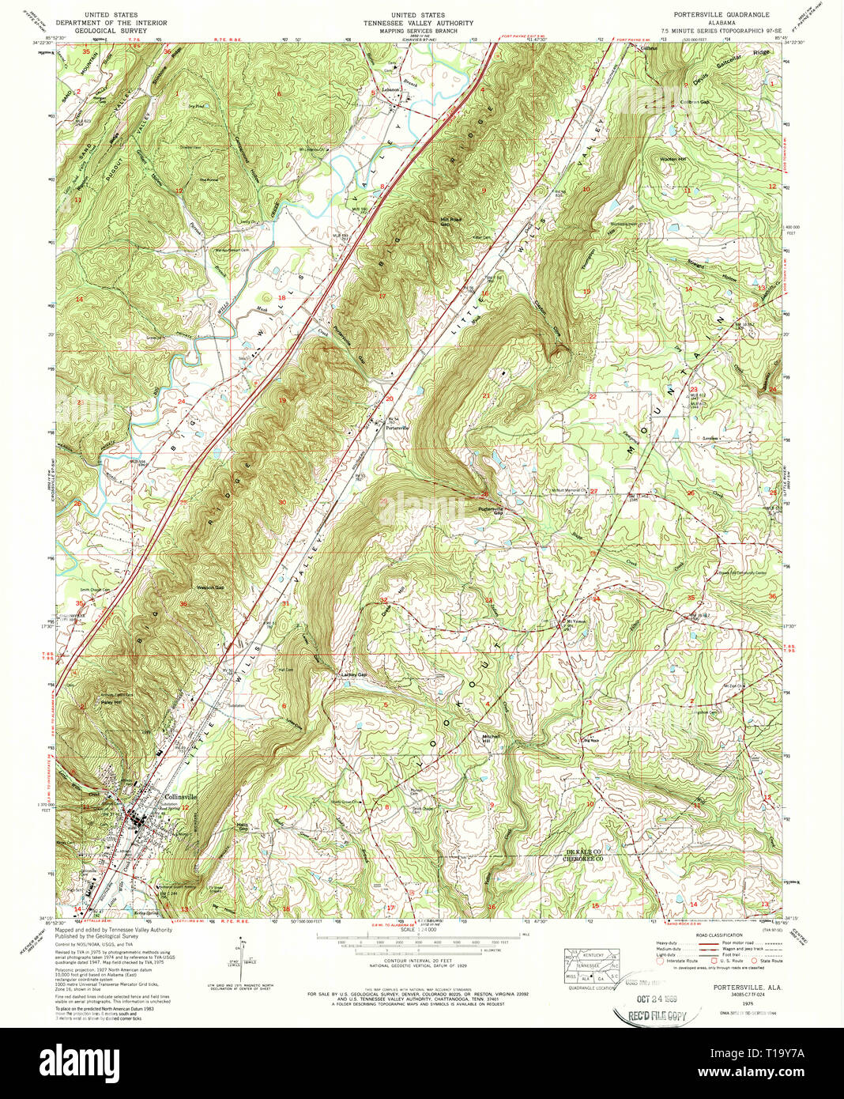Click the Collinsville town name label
(179, 797)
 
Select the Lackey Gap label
(353, 674)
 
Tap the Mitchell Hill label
(492, 738)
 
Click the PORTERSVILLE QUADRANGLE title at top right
(715, 15)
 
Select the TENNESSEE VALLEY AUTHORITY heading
(418, 23)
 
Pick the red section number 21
(486, 395)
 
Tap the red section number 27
(593, 491)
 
